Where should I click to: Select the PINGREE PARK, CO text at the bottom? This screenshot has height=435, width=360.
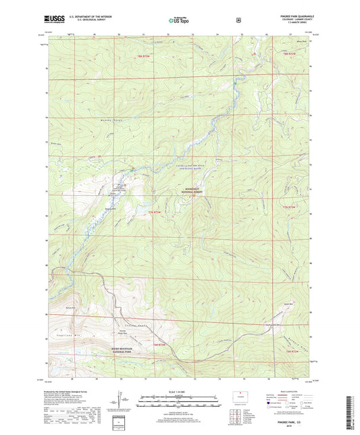coord(294,419)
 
